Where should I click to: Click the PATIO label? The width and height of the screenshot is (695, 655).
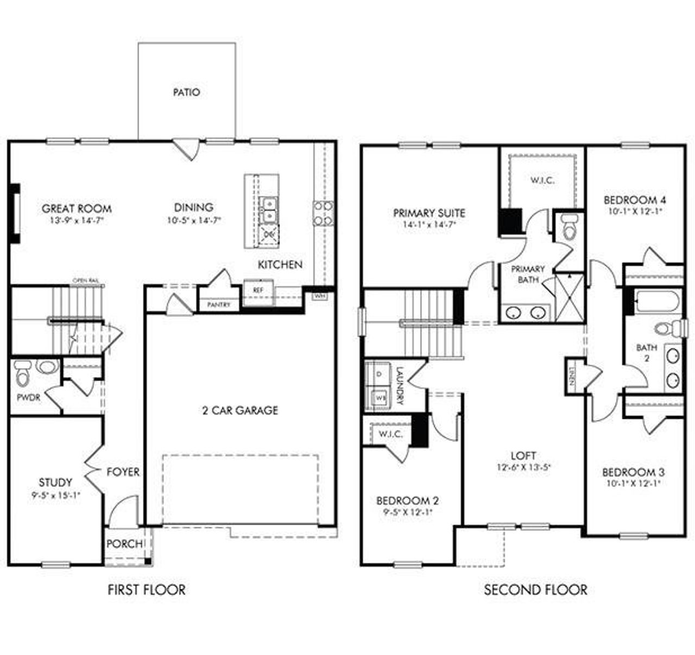[x=186, y=92]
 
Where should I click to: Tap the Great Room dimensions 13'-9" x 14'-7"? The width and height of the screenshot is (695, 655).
[x=77, y=221]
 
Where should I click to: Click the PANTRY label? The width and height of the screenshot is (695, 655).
[x=219, y=305]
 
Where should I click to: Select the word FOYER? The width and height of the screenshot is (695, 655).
[x=123, y=472]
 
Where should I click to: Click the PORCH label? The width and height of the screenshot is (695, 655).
[x=124, y=544]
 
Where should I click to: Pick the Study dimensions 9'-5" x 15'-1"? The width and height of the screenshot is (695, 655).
[x=55, y=494]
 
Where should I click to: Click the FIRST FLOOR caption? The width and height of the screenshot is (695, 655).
[x=147, y=589]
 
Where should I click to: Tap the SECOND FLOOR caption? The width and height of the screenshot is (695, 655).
[x=535, y=589]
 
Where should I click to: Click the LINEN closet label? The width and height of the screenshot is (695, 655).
[x=572, y=374]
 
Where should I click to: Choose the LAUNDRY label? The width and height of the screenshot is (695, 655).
[x=400, y=386]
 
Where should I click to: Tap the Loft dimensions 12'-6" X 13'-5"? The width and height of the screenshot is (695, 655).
[x=523, y=467]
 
